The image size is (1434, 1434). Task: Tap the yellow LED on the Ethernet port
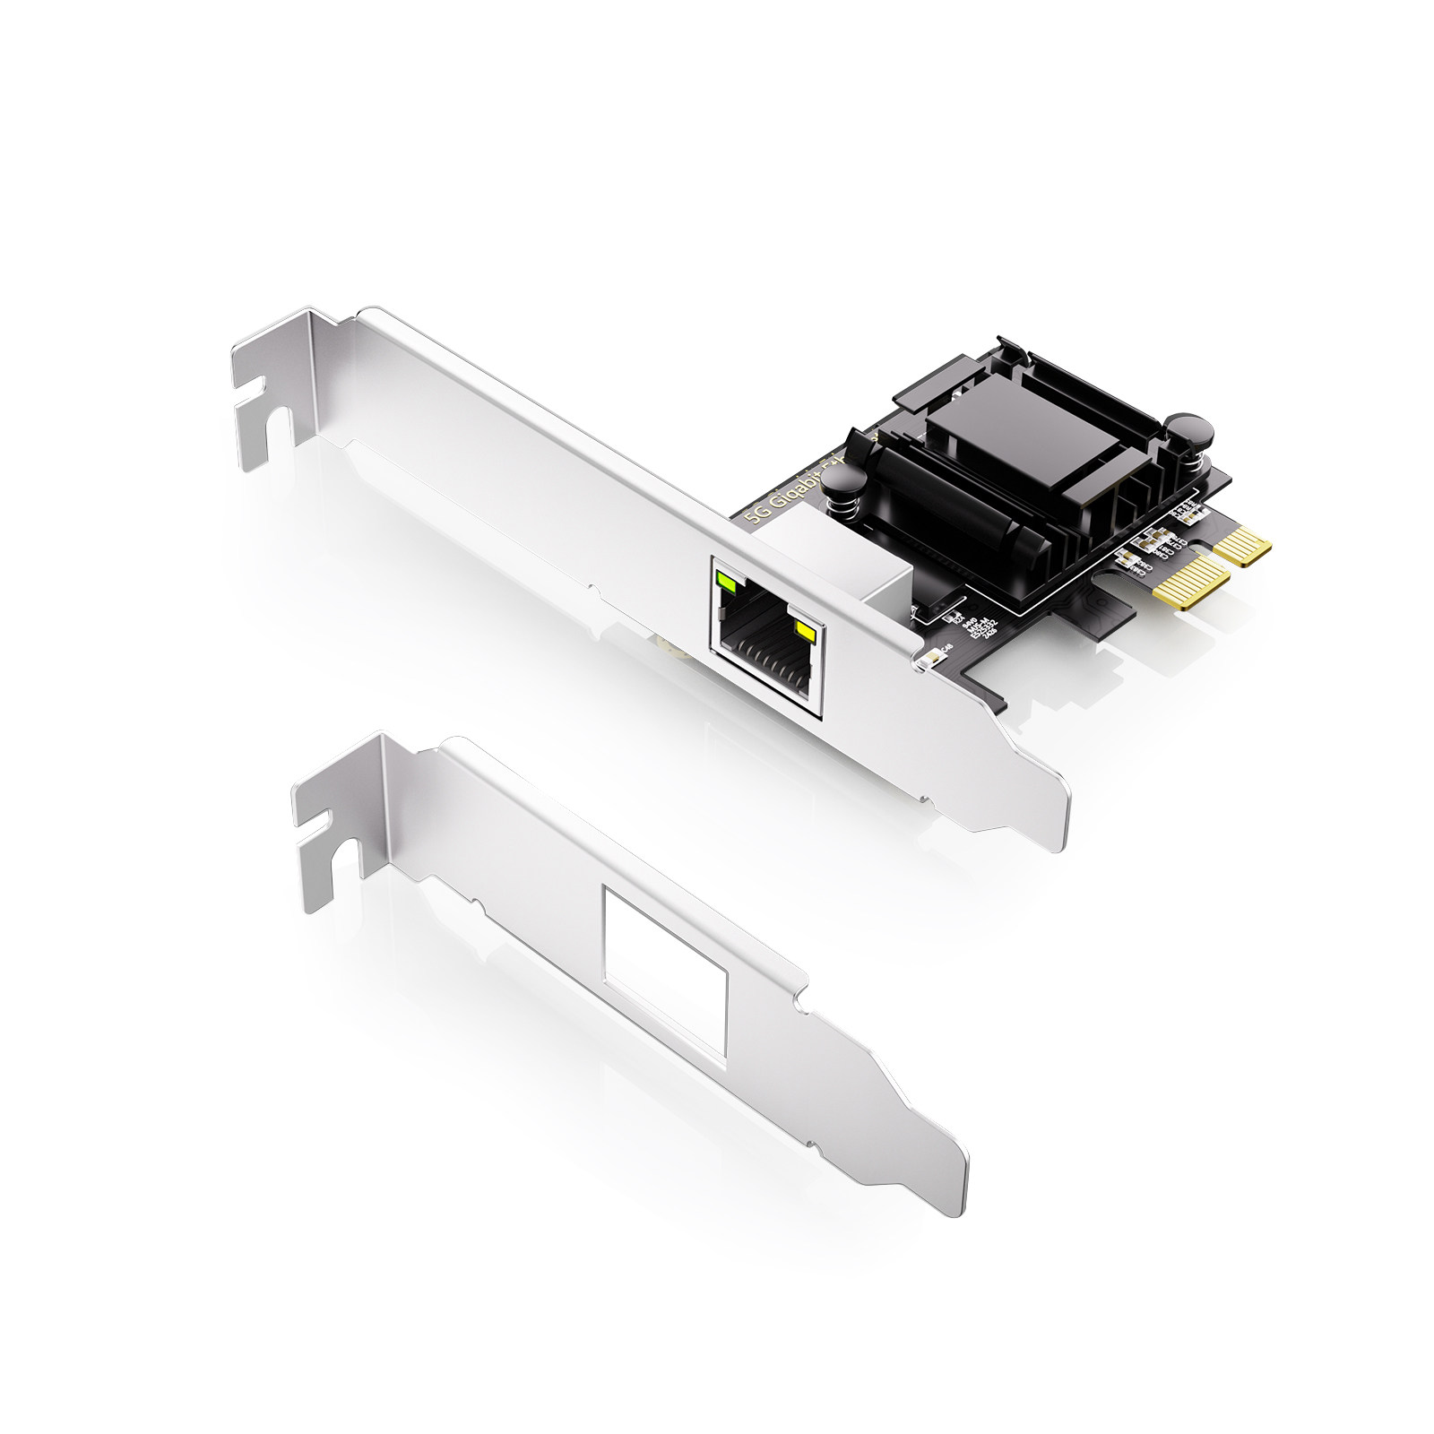click(803, 635)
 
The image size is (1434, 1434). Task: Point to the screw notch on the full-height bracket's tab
click(255, 396)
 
